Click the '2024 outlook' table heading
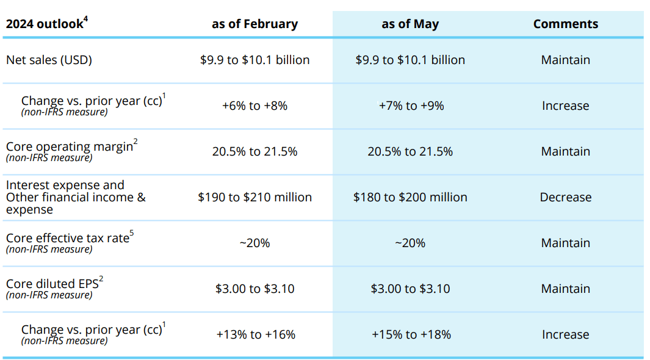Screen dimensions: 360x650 tap(44, 24)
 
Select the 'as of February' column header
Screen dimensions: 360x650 tap(255, 24)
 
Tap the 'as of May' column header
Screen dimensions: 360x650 tap(410, 24)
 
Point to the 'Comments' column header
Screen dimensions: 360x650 tap(565, 24)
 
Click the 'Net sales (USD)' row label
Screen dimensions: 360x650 tap(49, 60)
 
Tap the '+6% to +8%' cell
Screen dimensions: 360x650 tap(255, 106)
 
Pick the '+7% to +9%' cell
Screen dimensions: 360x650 tap(411, 106)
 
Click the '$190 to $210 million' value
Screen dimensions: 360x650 tap(255, 197)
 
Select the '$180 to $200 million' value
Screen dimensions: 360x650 tap(410, 197)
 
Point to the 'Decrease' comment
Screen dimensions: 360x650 tap(565, 197)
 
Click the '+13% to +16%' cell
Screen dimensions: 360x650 tap(255, 334)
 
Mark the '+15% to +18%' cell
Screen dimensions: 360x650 tap(411, 334)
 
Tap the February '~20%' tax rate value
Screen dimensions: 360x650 tap(255, 243)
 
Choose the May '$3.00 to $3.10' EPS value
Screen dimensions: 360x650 tap(410, 289)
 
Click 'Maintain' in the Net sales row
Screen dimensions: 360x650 tap(565, 60)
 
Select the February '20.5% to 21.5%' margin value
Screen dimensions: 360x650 tap(255, 151)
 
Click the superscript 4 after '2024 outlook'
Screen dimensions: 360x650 tap(85, 20)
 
